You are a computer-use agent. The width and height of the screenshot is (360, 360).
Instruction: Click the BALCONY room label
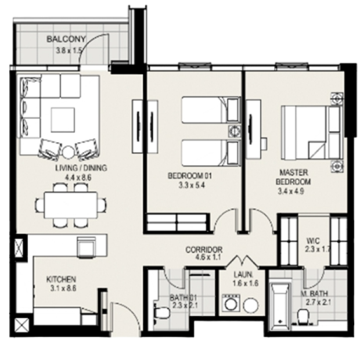coord(66,39)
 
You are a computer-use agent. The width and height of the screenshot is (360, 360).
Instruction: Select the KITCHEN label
coord(61,279)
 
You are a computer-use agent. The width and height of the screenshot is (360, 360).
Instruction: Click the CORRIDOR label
coord(204,250)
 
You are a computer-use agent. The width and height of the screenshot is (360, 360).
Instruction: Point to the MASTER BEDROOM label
coord(293,177)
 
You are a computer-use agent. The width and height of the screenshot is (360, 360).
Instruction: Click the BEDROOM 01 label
coord(190,176)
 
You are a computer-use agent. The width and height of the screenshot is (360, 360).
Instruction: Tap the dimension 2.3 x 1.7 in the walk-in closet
coord(318,249)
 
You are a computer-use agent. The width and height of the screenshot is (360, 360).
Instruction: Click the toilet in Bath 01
coord(161,313)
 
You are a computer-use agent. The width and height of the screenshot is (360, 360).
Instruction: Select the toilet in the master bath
coord(304,316)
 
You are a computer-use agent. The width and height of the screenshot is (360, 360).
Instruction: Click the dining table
coord(71,205)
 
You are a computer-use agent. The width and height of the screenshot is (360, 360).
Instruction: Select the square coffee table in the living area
coord(63,120)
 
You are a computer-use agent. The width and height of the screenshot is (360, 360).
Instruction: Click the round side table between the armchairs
coord(68,152)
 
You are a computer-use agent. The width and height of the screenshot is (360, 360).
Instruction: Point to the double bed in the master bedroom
coord(312,132)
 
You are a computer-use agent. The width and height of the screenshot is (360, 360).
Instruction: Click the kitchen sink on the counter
coord(87,247)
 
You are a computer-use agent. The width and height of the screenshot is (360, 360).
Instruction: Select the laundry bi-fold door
coord(243,261)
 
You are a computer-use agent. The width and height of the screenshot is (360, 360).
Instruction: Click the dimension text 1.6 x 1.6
coord(246,283)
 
